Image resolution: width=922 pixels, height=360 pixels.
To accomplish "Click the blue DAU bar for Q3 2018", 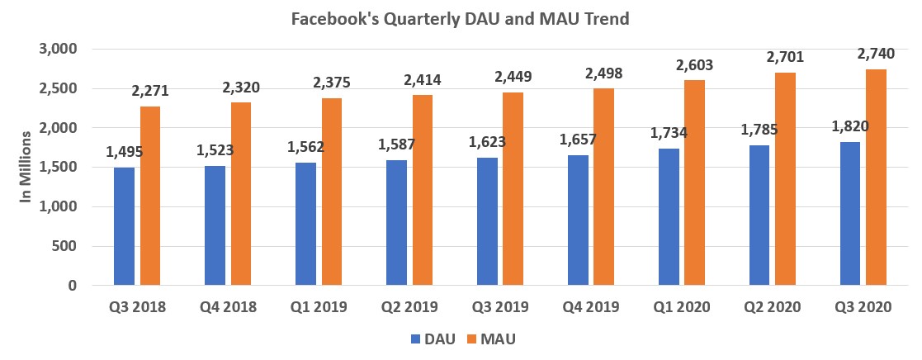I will (124, 226).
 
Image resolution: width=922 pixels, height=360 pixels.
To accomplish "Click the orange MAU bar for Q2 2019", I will (422, 190).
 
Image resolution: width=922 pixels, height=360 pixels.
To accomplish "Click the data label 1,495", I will (124, 152).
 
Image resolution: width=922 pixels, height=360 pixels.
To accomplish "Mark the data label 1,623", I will (487, 141).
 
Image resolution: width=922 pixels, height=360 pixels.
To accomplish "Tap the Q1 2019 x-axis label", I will (319, 307).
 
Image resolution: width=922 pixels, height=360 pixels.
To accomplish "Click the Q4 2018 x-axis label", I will (228, 307).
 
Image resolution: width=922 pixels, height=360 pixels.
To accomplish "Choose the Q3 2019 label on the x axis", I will (500, 307).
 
